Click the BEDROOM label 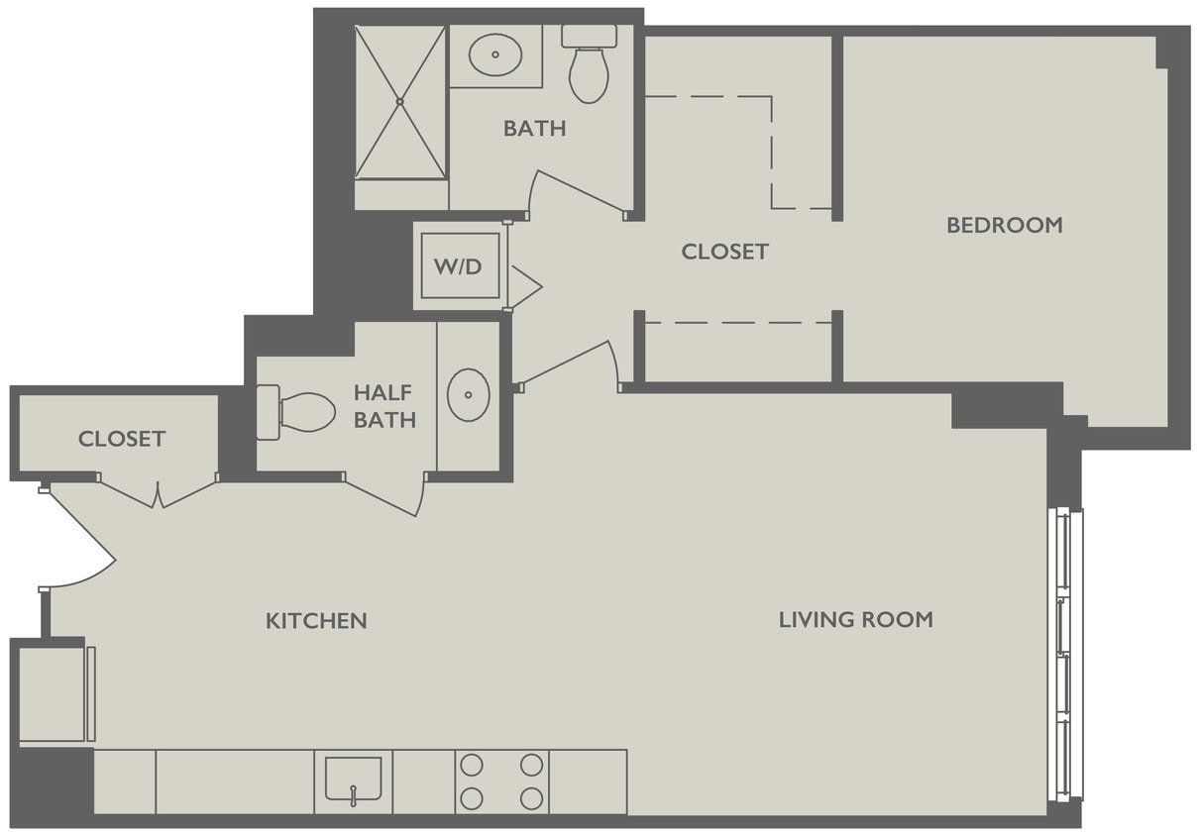tap(1004, 225)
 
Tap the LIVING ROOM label tap(855, 620)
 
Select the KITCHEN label tap(316, 621)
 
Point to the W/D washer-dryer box tap(460, 265)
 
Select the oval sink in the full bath tap(494, 55)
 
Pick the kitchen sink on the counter tap(353, 780)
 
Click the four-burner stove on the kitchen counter tap(502, 782)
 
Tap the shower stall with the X tap(400, 102)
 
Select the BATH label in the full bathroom tap(534, 129)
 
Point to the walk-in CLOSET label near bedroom tap(724, 252)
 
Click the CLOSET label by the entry tap(122, 439)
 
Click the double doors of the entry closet tap(158, 493)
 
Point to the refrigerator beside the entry tap(54, 693)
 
